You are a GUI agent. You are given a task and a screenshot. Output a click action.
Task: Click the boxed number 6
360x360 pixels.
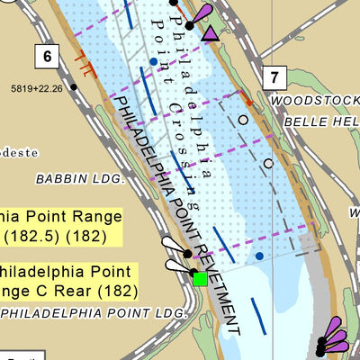pyautogui.click(x=48, y=57)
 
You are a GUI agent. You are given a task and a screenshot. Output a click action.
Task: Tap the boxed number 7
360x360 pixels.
pyautogui.click(x=274, y=76)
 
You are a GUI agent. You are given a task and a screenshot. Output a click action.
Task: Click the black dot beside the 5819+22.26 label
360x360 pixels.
pyautogui.click(x=75, y=87)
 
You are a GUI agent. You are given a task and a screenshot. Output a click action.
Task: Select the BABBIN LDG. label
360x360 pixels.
pyautogui.click(x=78, y=180)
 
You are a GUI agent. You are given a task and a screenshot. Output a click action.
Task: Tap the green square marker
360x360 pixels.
pyautogui.click(x=200, y=279)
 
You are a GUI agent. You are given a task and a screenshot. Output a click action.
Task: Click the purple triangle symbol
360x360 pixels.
pyautogui.click(x=210, y=34)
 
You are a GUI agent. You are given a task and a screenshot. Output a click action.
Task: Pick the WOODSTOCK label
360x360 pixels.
pyautogui.click(x=314, y=101)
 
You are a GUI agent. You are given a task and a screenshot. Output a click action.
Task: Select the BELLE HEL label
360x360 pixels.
pyautogui.click(x=320, y=121)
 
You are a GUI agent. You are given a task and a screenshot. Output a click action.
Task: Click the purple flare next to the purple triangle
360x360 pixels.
pyautogui.click(x=204, y=13)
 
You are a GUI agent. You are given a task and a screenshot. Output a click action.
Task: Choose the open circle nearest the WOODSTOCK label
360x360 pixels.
pyautogui.click(x=242, y=118)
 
